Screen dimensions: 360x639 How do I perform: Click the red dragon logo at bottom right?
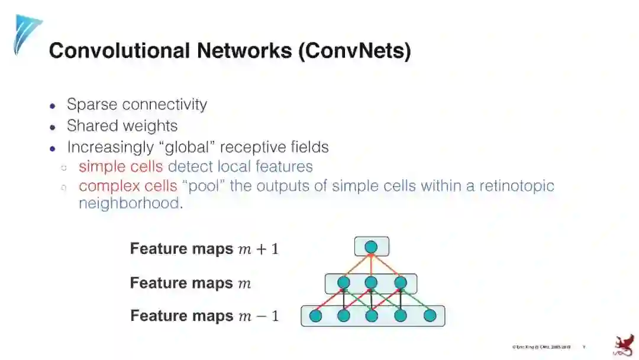622,345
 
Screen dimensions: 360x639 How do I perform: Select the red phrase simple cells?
120,166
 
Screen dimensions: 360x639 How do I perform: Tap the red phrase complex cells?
127,186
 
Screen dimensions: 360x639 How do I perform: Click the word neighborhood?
128,203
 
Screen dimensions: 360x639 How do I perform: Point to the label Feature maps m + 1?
204,249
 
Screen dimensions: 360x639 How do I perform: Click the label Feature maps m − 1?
204,316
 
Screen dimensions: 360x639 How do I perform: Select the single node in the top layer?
371,246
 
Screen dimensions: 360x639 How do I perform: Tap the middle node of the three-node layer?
371,283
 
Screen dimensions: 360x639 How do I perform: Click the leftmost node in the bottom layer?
315,316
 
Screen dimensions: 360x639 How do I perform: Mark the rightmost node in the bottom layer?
429,316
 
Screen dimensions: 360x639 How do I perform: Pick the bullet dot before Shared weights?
53,127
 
